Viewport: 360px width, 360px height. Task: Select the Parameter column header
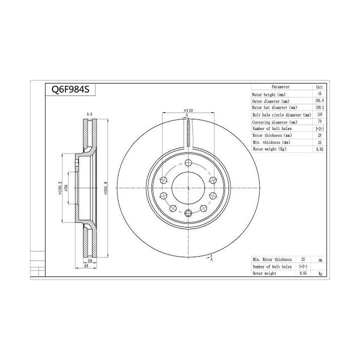(x=280, y=86)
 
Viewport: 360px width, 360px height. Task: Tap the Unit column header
(x=319, y=86)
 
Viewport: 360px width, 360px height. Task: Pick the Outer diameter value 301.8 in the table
(x=319, y=100)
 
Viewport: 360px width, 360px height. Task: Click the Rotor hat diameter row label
(x=275, y=107)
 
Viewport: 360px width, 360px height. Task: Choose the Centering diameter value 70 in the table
(x=319, y=121)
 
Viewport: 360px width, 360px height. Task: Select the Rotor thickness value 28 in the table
(x=319, y=135)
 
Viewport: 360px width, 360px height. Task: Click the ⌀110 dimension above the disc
(x=188, y=110)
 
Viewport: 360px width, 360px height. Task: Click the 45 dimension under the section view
(x=86, y=266)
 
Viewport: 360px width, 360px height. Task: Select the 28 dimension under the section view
(x=90, y=260)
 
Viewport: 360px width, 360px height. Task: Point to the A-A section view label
(x=89, y=114)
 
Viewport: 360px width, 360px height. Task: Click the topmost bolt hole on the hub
(x=188, y=163)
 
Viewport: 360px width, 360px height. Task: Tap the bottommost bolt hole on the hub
(x=188, y=213)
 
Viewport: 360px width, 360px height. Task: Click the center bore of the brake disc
(x=188, y=188)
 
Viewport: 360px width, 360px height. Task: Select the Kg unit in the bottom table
(x=320, y=274)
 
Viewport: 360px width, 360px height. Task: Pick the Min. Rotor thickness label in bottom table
(x=272, y=259)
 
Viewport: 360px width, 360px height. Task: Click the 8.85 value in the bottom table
(x=302, y=274)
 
